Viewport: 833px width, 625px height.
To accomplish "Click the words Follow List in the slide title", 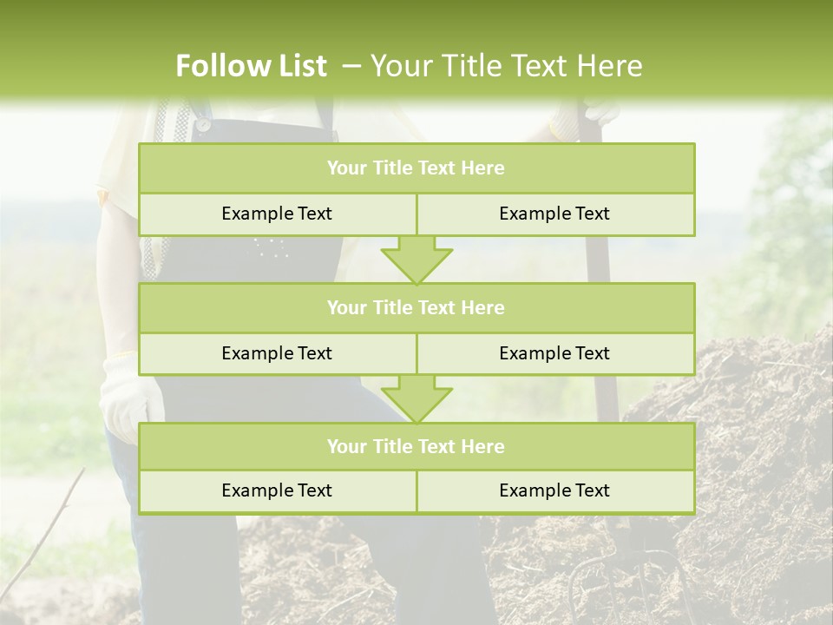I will (x=251, y=66).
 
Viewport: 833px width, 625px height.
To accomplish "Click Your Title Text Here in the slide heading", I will (x=506, y=66).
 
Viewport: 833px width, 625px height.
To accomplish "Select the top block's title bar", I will (x=416, y=168).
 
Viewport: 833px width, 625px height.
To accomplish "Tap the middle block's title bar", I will (x=416, y=307).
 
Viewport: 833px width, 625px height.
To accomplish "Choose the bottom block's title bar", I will (x=416, y=446).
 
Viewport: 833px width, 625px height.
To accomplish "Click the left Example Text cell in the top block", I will (x=277, y=214).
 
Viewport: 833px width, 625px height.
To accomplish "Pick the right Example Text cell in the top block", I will (x=554, y=214).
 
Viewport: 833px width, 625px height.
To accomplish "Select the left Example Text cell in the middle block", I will (x=277, y=353).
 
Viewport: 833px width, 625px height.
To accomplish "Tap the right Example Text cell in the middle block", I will (x=554, y=353).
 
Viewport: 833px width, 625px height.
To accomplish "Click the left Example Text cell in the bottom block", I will (x=277, y=490).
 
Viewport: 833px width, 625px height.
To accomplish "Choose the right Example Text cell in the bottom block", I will (x=554, y=490).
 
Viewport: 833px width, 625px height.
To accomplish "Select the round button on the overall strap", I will (x=202, y=124).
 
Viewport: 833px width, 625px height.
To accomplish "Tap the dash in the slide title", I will (x=352, y=66).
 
